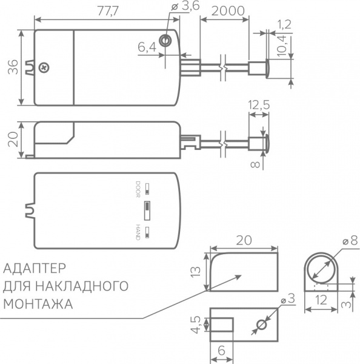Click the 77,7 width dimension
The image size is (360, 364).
click(x=108, y=11)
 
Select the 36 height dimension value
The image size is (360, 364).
click(x=13, y=67)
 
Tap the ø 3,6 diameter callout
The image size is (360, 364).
click(x=185, y=6)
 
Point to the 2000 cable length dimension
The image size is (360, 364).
click(x=228, y=11)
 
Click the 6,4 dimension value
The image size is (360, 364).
click(x=147, y=47)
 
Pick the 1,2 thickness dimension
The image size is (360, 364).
click(x=284, y=24)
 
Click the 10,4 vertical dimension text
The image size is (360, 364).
click(x=281, y=47)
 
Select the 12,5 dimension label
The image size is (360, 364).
click(x=259, y=105)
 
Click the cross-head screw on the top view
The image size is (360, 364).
click(x=44, y=67)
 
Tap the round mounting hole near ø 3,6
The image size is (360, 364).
click(x=165, y=41)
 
